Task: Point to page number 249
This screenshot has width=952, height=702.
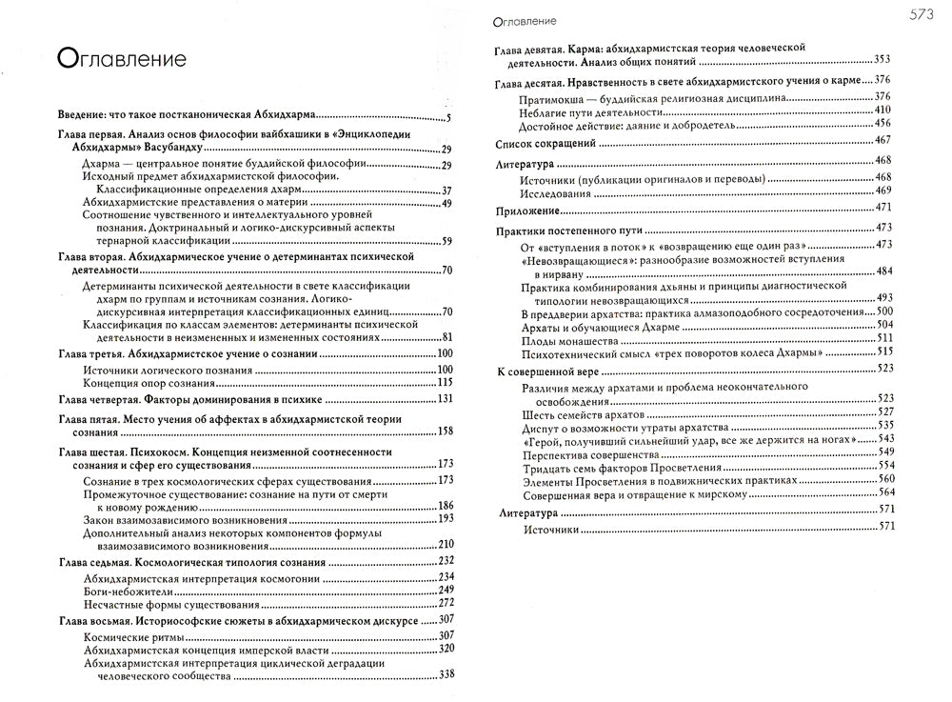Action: tap(446, 591)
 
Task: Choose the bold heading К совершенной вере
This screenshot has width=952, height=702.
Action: tap(548, 368)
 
